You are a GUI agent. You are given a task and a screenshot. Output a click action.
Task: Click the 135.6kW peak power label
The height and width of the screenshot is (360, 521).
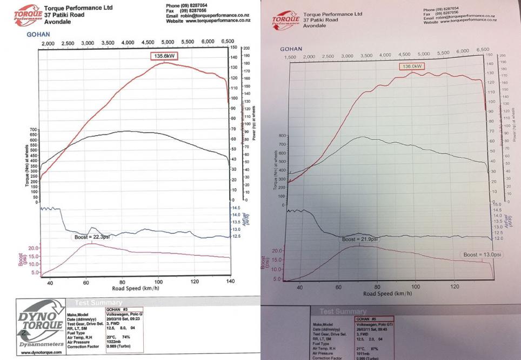point(164,56)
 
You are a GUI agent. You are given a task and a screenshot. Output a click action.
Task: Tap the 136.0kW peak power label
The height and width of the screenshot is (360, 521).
point(412,66)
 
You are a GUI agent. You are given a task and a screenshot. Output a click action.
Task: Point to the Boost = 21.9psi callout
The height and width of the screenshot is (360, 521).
point(360,239)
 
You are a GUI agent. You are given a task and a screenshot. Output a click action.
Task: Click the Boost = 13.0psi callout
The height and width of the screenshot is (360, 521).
point(483,255)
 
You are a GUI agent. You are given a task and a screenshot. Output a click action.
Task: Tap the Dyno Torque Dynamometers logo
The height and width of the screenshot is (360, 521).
point(41,327)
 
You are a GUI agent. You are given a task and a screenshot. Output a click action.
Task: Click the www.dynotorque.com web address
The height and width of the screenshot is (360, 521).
point(41,352)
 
